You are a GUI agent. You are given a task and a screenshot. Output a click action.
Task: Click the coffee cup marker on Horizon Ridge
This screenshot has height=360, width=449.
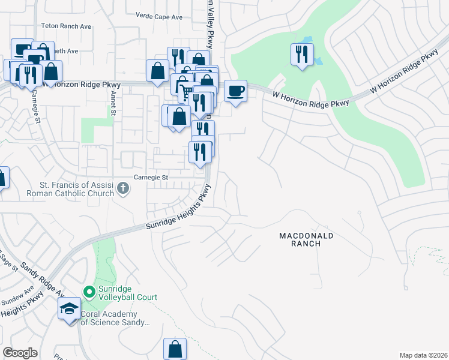(x=235, y=91)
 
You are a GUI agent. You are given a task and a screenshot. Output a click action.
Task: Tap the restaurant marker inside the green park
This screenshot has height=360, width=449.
(x=300, y=55)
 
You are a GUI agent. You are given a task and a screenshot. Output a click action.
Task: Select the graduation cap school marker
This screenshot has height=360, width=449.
(x=69, y=310)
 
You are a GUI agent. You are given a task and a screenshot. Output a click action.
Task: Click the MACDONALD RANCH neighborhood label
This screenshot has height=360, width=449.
(x=306, y=240)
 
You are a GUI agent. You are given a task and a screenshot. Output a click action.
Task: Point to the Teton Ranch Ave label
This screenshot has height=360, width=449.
(x=66, y=26)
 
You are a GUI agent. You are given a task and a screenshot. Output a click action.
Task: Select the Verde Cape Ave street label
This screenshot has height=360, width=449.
(x=158, y=17)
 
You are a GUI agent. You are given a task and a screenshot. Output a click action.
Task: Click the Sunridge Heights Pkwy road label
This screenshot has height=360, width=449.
(x=179, y=210)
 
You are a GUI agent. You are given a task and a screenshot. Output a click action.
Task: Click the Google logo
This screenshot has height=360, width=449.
(x=20, y=353)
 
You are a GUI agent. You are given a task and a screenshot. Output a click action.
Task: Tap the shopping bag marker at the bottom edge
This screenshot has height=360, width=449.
(x=175, y=348)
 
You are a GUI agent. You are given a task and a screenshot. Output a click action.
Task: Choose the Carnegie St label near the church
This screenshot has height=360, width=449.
(x=151, y=178)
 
